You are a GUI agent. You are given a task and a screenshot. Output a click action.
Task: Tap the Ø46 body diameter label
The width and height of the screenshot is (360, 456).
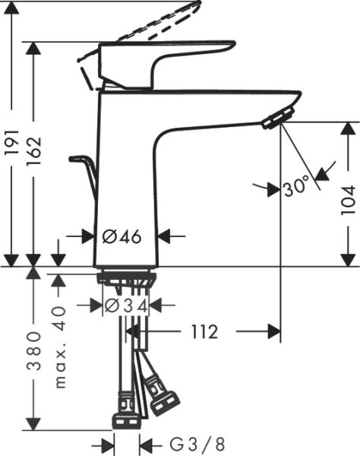(122, 236)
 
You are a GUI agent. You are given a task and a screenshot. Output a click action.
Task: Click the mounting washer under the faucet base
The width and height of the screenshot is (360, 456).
(127, 277)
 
